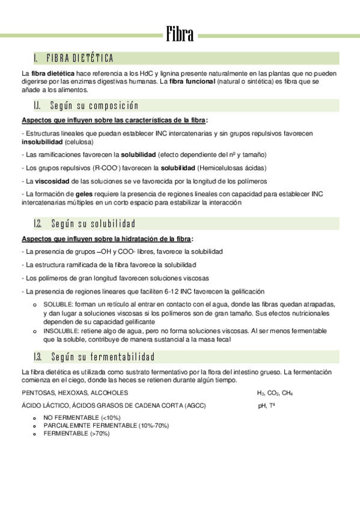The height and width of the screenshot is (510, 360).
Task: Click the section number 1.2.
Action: (38, 224)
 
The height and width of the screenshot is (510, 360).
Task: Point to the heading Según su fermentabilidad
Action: (103, 357)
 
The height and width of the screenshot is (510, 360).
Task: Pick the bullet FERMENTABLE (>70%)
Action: (76, 433)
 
